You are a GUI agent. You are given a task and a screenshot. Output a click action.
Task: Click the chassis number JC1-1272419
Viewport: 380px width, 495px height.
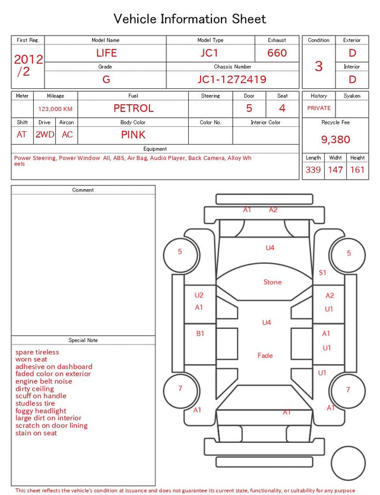[x=232, y=79]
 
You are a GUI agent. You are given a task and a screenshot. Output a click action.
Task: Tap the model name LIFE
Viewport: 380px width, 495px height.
[x=106, y=53]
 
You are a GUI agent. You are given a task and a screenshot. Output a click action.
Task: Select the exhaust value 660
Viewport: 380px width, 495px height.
[x=277, y=53]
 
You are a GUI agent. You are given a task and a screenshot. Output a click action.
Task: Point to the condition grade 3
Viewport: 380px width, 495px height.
[x=319, y=66]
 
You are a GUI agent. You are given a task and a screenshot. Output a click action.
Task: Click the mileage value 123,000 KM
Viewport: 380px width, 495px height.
[x=55, y=109]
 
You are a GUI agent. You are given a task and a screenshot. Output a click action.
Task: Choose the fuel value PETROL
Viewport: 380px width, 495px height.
[x=134, y=108]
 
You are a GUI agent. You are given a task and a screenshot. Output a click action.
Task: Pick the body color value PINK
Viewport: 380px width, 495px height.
[x=133, y=135]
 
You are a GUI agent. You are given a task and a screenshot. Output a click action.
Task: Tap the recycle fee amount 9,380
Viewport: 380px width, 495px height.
[x=335, y=139]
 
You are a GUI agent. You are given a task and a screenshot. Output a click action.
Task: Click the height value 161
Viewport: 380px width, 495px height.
[x=357, y=170]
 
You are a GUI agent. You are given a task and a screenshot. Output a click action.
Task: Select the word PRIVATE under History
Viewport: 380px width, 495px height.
[x=319, y=108]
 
